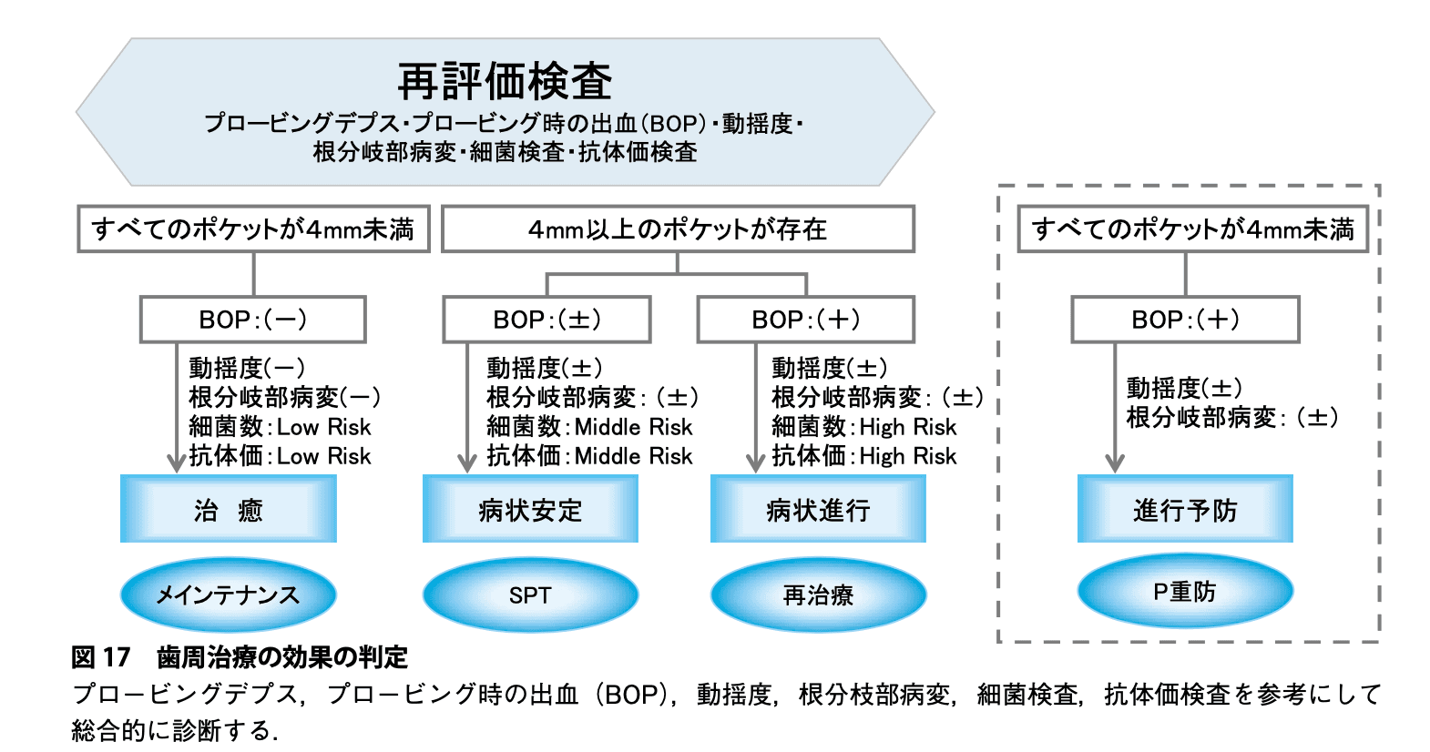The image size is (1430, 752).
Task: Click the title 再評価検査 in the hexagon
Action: point(505,82)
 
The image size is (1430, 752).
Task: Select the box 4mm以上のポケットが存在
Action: point(678,229)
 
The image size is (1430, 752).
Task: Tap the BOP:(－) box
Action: point(253,320)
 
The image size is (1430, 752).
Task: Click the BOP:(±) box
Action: point(547,320)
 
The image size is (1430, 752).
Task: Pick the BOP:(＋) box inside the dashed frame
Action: point(1186,320)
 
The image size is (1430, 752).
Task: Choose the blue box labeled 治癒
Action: point(229,509)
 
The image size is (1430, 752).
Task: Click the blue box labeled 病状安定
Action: point(530,509)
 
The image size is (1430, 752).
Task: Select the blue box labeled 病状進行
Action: point(819,509)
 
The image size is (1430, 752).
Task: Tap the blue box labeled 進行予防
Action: point(1186,509)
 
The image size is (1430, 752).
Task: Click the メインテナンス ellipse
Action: point(229,595)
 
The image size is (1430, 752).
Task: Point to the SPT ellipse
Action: point(530,595)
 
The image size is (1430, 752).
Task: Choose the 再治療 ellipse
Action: point(819,595)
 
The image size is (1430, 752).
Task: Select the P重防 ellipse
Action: point(1186,591)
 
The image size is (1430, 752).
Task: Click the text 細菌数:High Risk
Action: point(863,426)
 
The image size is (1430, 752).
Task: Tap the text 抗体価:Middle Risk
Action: point(589,456)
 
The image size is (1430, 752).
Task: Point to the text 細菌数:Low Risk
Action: point(280,426)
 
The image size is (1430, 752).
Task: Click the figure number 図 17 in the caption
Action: point(101,657)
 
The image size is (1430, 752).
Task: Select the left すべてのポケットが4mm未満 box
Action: point(253,229)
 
